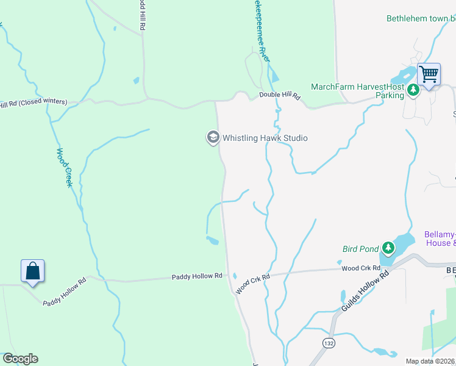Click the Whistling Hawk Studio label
[265, 138]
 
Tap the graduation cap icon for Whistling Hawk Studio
[213, 138]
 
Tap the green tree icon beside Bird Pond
[388, 248]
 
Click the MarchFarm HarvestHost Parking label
[357, 91]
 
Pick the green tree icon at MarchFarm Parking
[413, 91]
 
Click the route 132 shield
[329, 343]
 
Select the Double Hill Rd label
[280, 96]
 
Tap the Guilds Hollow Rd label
[365, 293]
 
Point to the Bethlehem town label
[421, 18]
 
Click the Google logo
[20, 359]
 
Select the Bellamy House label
[440, 239]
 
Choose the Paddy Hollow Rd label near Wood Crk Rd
[196, 276]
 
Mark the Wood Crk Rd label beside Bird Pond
[358, 268]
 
